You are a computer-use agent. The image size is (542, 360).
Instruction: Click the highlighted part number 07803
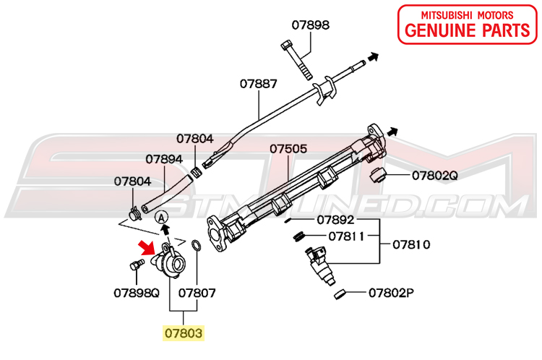pos(183,333)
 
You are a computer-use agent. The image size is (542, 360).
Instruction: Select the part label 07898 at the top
pos(311,25)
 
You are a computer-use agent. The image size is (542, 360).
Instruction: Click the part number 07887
pos(259,84)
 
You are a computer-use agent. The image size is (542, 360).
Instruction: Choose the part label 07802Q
pos(435,175)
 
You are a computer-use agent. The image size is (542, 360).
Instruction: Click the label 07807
pos(197,293)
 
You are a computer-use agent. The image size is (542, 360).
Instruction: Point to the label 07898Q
pos(136,293)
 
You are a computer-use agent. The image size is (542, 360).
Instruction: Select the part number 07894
pos(165,159)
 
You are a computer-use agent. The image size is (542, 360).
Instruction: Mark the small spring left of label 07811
pos(297,236)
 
